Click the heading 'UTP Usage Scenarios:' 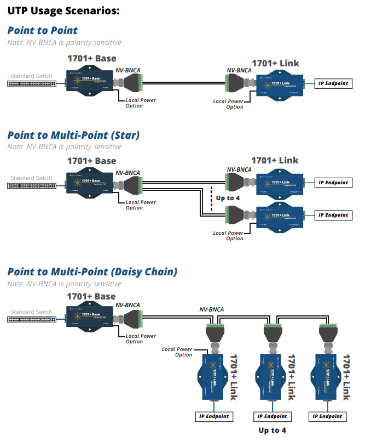click(63, 10)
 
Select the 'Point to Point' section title click(43, 31)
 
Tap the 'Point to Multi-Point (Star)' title click(73, 135)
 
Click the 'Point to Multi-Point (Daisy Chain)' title click(92, 271)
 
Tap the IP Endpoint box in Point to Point click(333, 84)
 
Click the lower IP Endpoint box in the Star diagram click(333, 215)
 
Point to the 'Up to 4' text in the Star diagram click(228, 198)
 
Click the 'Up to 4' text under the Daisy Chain click(272, 431)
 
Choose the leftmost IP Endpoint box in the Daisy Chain click(213, 416)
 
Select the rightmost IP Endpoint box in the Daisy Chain click(327, 416)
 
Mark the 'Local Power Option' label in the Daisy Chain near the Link click(177, 352)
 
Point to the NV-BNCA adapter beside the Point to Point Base click(131, 83)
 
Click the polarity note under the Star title click(65, 147)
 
